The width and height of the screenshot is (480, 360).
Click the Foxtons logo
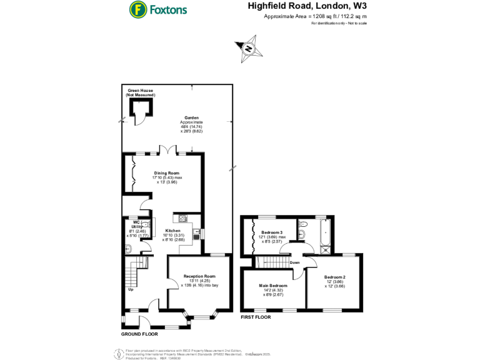[157, 9]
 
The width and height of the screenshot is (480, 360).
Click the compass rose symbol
[248, 49]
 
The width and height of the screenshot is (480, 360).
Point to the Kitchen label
[172, 230]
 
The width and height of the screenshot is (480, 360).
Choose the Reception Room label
[199, 276]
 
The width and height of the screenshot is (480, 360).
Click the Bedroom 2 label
[334, 277]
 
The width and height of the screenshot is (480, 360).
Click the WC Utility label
[136, 223]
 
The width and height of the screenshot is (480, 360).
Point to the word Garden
[191, 117]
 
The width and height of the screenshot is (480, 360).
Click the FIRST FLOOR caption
[257, 318]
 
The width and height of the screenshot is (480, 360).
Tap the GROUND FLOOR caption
[140, 334]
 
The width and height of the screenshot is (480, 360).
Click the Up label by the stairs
[131, 289]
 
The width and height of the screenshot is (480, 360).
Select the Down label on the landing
[295, 262]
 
